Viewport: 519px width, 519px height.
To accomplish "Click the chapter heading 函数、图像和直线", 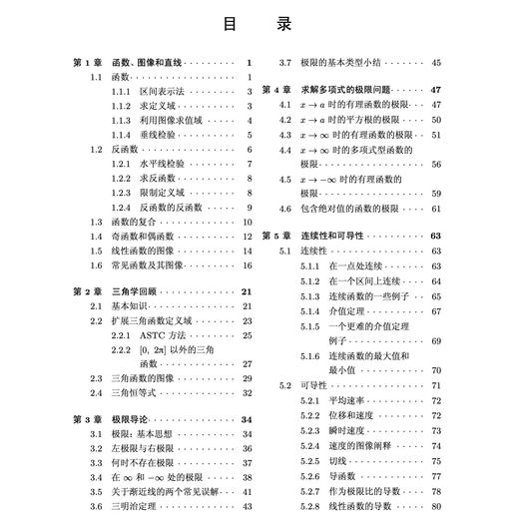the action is (x=146, y=62).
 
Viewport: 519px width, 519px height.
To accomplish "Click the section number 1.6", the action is (x=96, y=265).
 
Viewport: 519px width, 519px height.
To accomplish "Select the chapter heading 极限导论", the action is (x=126, y=420).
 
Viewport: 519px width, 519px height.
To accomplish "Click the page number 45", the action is (x=436, y=62).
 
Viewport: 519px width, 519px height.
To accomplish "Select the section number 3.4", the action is (x=96, y=478).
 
